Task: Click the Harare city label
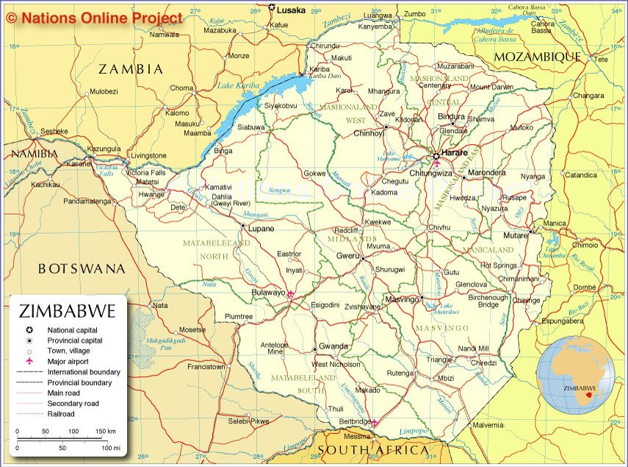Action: (455, 152)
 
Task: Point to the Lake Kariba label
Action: (239, 86)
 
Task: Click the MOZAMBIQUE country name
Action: (537, 57)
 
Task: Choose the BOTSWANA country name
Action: (82, 268)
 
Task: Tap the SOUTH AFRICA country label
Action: (373, 449)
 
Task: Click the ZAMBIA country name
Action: (131, 69)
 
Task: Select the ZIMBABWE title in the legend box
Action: (68, 311)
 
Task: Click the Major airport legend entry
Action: (68, 362)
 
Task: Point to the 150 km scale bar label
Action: (106, 431)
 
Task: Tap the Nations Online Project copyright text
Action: (95, 18)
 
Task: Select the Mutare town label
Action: (515, 235)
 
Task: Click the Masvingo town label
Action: (401, 299)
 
